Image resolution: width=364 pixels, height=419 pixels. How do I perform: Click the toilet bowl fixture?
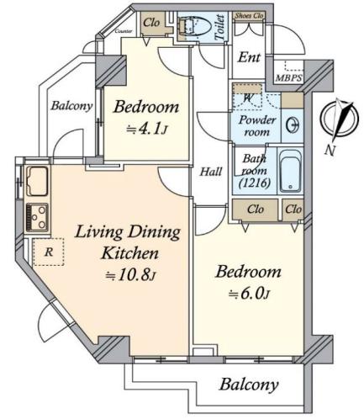tap(195, 27)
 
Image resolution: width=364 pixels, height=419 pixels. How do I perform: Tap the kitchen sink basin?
tap(37, 181)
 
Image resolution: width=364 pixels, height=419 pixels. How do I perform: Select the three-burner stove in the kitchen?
tap(37, 218)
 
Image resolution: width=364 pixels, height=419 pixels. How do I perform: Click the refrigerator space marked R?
tap(49, 252)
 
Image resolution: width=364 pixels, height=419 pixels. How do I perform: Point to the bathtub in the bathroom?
tap(290, 171)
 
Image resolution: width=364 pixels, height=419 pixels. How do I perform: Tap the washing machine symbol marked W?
tap(247, 98)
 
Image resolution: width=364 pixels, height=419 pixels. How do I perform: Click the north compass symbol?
tap(340, 119)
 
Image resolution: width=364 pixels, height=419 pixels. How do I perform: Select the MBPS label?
tap(288, 78)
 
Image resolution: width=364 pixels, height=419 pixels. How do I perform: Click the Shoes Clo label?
tap(250, 16)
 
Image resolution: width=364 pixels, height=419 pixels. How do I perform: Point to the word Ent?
tap(249, 58)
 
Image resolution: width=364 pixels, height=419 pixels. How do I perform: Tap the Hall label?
tap(211, 172)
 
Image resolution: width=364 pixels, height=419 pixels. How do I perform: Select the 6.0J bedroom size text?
tap(249, 294)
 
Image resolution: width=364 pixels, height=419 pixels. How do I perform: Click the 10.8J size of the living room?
tap(130, 276)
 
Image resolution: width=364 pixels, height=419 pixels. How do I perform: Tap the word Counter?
tap(124, 31)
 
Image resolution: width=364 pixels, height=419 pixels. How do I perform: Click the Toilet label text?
tap(219, 27)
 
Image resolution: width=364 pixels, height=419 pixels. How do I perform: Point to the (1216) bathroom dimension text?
tap(255, 183)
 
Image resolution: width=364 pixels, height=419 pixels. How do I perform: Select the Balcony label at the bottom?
tap(249, 385)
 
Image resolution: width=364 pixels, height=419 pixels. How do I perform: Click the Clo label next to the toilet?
tap(151, 23)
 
